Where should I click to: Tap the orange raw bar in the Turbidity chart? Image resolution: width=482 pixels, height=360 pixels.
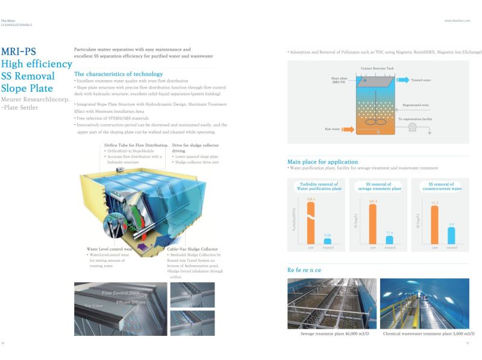click(x=311, y=221)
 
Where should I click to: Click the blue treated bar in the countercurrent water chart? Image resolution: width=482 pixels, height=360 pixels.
click(x=451, y=236)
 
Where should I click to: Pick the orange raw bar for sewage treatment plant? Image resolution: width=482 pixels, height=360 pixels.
click(x=373, y=224)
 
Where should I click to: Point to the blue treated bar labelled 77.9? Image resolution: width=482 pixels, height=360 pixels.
click(x=390, y=239)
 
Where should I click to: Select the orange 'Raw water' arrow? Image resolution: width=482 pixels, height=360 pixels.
click(x=337, y=128)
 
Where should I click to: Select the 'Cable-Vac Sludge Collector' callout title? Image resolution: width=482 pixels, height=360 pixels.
click(x=193, y=248)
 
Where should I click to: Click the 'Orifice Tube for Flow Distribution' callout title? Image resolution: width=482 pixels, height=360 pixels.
click(x=136, y=145)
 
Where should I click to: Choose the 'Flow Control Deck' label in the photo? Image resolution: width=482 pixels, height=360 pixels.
click(x=120, y=293)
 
